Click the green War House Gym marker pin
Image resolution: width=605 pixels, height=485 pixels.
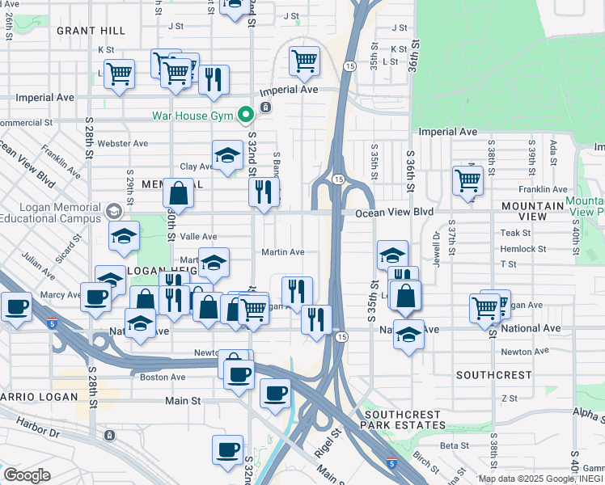tap(243, 116)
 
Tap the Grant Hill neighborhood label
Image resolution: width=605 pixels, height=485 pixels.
tap(91, 30)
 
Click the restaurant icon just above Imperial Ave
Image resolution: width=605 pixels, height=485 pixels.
tap(214, 79)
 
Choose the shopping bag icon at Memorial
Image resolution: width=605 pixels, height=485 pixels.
tap(178, 193)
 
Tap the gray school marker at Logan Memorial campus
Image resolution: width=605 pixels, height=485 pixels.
tap(113, 211)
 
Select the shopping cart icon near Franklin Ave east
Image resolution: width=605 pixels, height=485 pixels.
tap(467, 180)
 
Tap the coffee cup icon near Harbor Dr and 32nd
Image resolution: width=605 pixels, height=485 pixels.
tap(227, 449)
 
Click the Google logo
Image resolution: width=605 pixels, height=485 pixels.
tap(27, 474)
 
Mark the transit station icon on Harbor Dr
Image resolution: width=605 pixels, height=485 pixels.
tap(109, 435)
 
